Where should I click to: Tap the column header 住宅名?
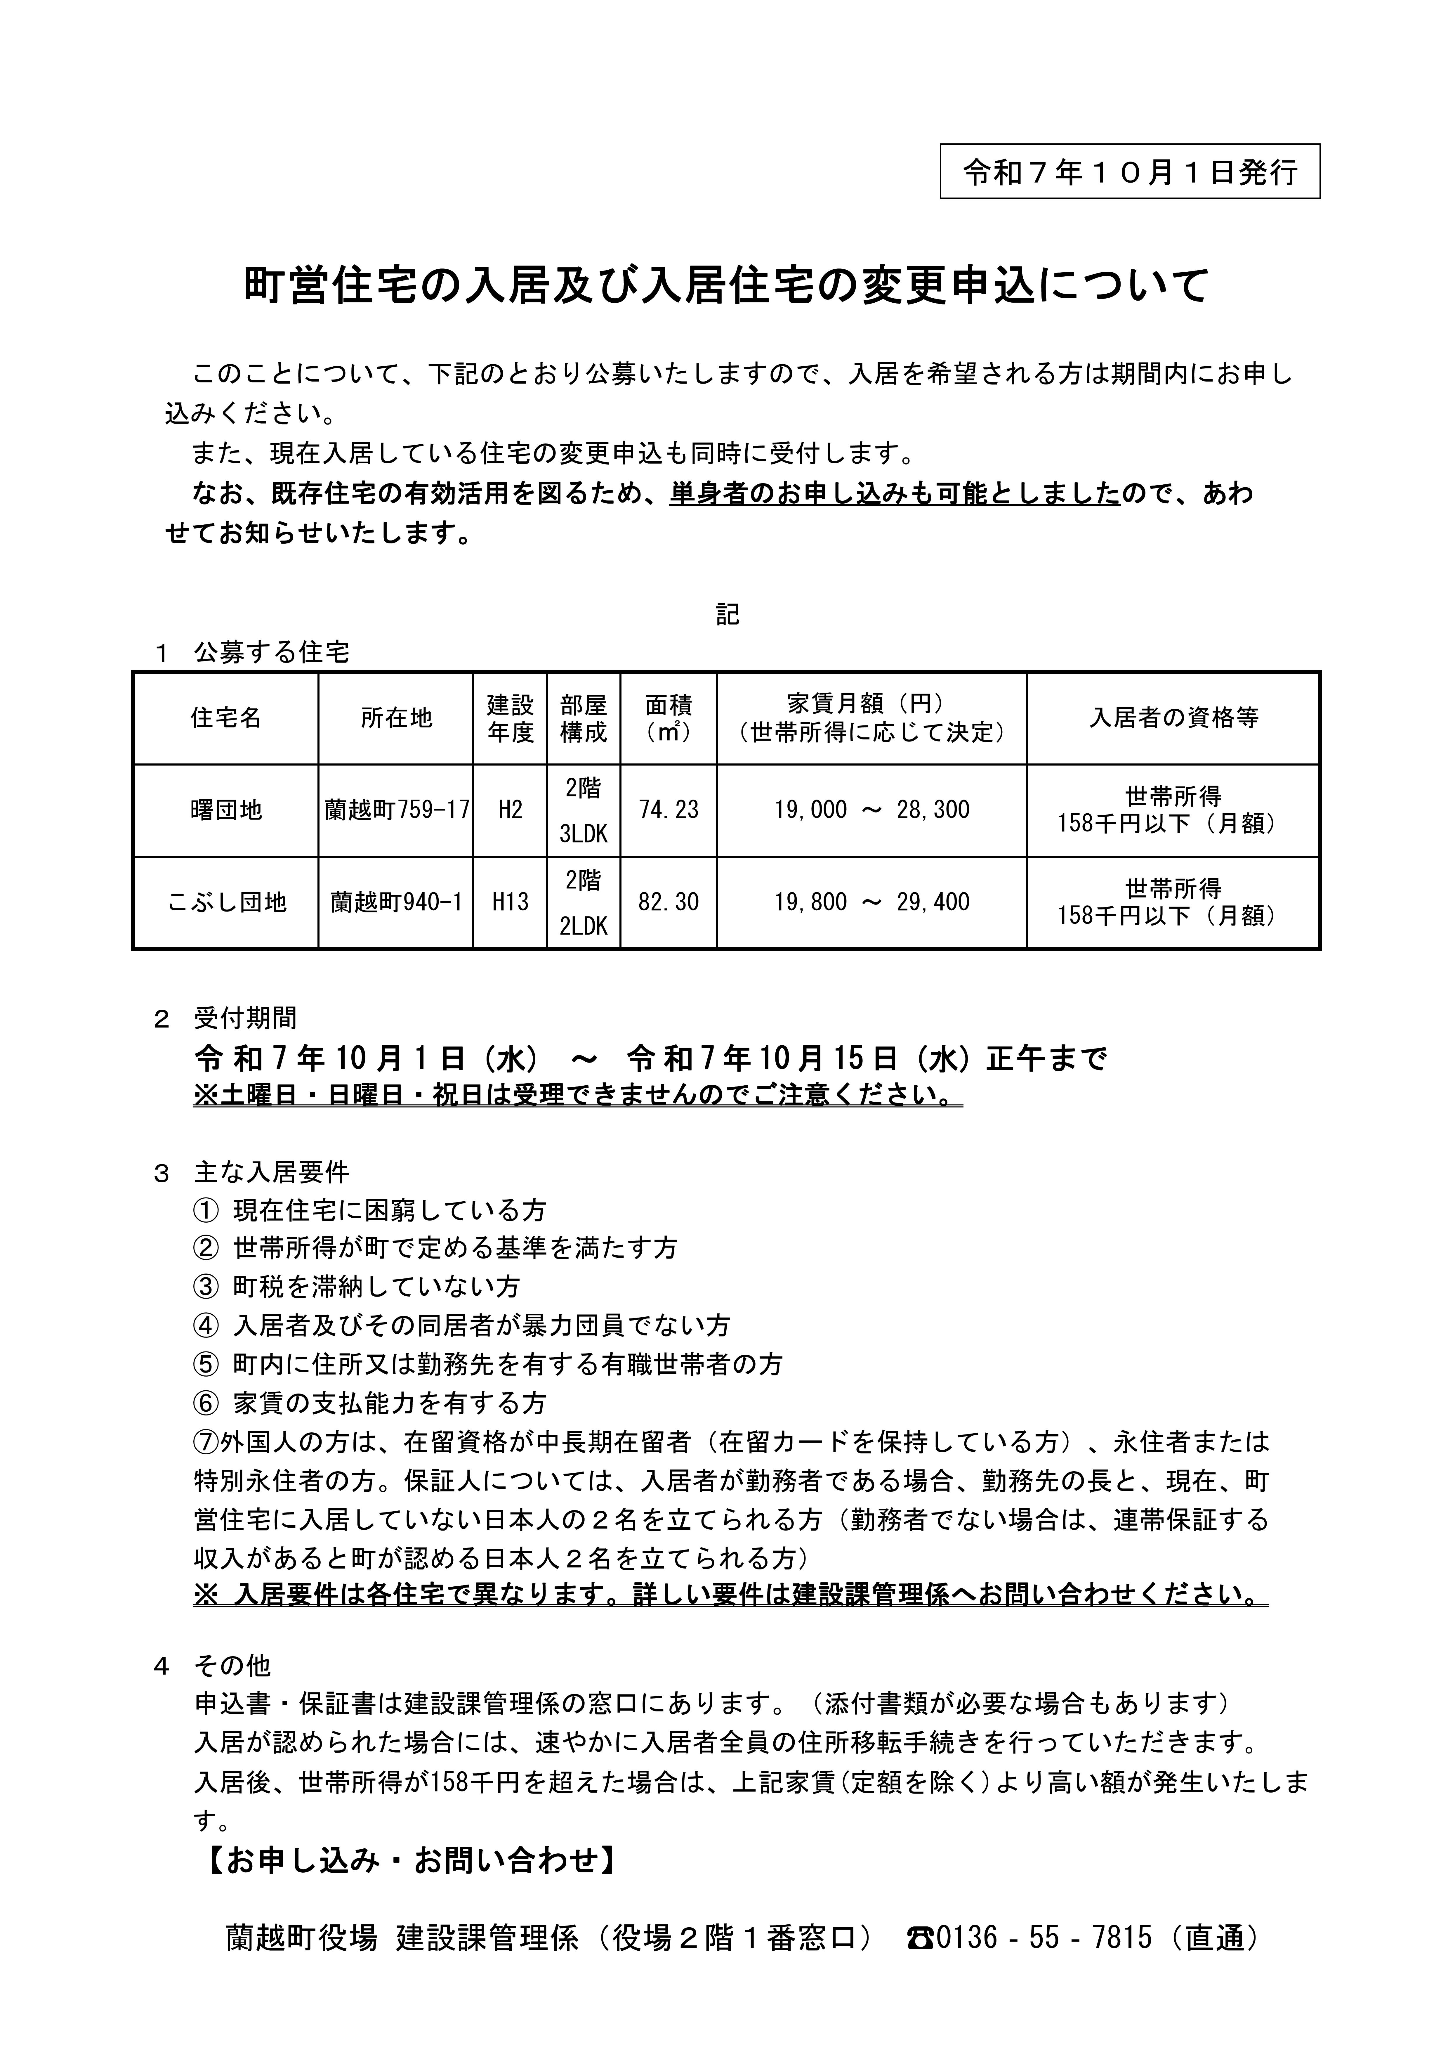[226, 718]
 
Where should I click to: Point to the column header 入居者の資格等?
[1172, 718]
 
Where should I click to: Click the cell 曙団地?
[226, 810]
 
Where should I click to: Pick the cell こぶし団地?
[226, 903]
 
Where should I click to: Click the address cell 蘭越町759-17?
[396, 810]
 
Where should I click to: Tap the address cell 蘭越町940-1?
[396, 903]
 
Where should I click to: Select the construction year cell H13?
[510, 903]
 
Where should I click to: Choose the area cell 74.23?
[669, 810]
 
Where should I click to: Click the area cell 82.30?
[669, 903]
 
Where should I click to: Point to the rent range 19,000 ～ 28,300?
[871, 810]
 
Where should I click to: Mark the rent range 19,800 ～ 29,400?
[871, 903]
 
